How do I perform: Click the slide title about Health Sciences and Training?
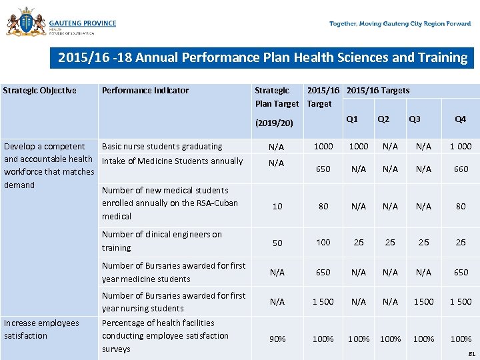[262, 57]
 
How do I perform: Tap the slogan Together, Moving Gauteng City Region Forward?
[400, 24]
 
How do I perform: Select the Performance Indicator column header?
[145, 91]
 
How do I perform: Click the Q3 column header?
[415, 119]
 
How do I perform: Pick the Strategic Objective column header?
[40, 91]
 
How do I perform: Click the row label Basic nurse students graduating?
[162, 147]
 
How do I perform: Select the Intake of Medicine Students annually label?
[172, 161]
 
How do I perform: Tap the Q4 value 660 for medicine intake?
[461, 169]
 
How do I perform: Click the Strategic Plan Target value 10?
[277, 207]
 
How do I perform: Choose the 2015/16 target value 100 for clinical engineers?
[323, 243]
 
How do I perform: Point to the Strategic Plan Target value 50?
[277, 243]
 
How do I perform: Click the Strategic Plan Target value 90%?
[277, 339]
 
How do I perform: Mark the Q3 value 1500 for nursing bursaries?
[423, 302]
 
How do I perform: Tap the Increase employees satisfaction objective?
[41, 329]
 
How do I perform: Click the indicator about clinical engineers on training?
[161, 241]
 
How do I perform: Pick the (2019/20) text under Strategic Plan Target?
[275, 123]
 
